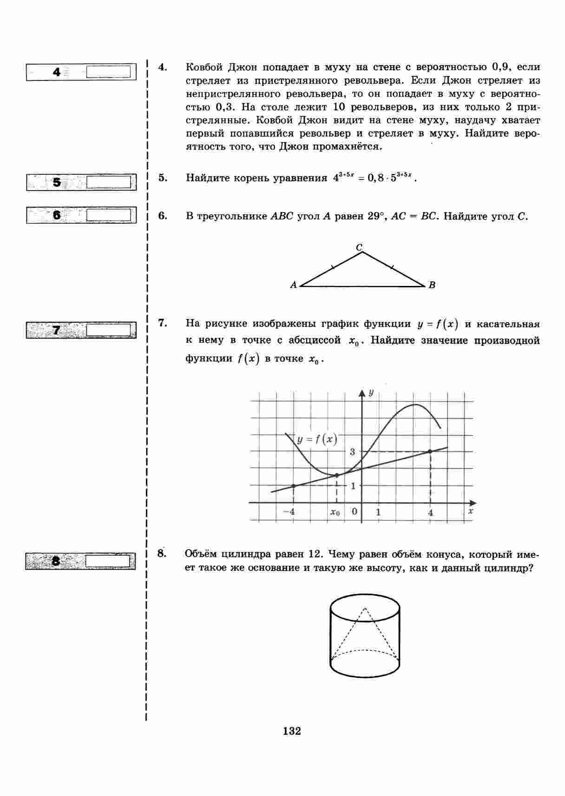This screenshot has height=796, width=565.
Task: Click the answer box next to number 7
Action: [108, 330]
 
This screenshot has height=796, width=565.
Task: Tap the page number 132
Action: [292, 731]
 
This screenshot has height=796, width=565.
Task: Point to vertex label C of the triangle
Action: [359, 247]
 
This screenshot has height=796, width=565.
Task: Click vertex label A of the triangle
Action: [293, 285]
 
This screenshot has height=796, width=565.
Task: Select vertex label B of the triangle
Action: [432, 285]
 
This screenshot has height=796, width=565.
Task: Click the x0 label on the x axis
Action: [335, 512]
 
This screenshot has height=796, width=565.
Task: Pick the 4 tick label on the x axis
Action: [431, 512]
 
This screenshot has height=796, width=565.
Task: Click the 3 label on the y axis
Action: [353, 451]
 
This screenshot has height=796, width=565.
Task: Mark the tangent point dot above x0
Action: [336, 475]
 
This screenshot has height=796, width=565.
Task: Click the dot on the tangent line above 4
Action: [430, 451]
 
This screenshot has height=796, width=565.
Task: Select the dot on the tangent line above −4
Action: [293, 486]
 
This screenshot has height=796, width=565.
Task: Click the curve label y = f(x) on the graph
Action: [317, 439]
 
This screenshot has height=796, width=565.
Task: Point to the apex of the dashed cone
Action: [365, 608]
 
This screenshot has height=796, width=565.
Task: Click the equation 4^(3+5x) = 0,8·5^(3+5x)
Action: [372, 177]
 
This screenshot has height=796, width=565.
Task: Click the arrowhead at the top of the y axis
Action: [362, 392]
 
